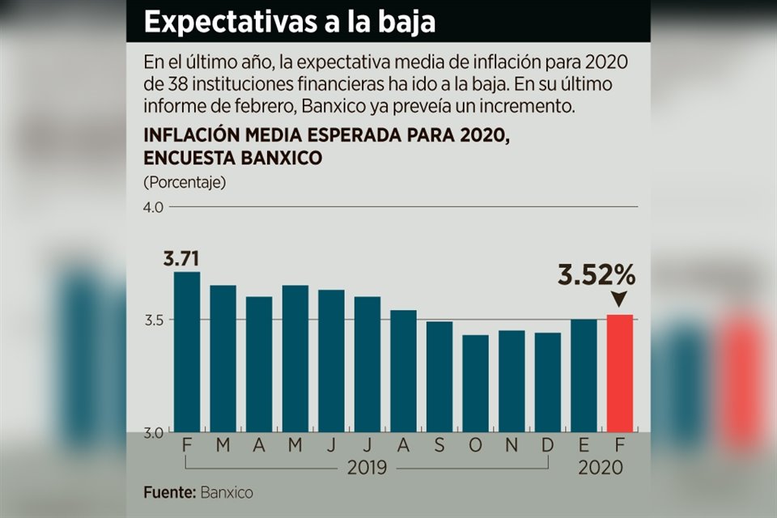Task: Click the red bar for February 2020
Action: click(x=620, y=372)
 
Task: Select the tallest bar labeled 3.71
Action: click(x=187, y=351)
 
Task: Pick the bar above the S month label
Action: click(x=439, y=376)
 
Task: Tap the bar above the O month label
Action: click(x=476, y=383)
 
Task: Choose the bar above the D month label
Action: click(x=548, y=382)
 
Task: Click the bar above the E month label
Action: click(x=584, y=376)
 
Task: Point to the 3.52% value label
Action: click(x=597, y=275)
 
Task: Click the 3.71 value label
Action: click(x=181, y=260)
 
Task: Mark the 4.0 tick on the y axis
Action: click(x=154, y=207)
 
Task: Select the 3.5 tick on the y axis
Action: click(x=154, y=320)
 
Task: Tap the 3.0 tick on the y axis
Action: click(x=154, y=432)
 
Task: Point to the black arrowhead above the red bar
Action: click(x=620, y=299)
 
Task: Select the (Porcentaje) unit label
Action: click(x=185, y=181)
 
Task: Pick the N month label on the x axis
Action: click(x=512, y=445)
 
